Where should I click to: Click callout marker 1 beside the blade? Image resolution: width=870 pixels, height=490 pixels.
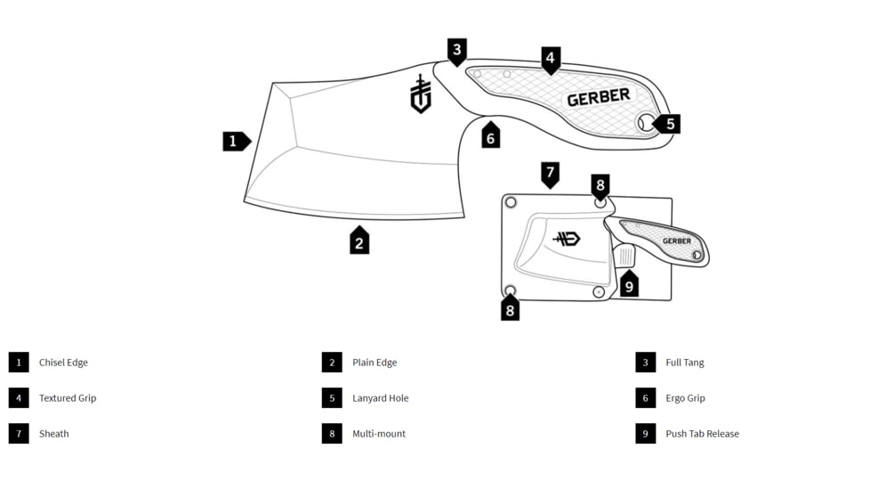[x=235, y=141]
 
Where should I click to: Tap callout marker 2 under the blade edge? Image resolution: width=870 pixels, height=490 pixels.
[x=359, y=241]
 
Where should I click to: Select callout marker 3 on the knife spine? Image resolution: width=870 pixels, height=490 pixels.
[x=457, y=51]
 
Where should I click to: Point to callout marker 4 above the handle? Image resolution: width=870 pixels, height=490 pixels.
[x=551, y=60]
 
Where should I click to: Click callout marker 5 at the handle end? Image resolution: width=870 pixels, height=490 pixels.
[x=668, y=125]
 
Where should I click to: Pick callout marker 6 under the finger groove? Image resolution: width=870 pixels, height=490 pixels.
[x=490, y=137]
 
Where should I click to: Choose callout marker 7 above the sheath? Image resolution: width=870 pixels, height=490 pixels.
[x=551, y=173]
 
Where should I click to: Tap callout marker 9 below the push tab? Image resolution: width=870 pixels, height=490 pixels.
[x=629, y=285]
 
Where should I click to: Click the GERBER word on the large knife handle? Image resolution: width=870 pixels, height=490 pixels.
[x=599, y=97]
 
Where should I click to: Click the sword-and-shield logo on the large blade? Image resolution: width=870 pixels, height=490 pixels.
[x=421, y=94]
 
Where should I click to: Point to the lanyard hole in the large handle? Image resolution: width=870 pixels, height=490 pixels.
[x=645, y=123]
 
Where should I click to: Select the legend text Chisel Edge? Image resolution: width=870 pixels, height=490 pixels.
[x=63, y=363]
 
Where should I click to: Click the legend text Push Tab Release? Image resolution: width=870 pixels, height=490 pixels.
[x=702, y=434]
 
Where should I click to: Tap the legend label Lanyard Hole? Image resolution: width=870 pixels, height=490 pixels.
[x=380, y=398]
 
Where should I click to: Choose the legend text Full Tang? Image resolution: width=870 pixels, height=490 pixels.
[x=684, y=363]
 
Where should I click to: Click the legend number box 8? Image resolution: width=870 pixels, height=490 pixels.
[x=332, y=434]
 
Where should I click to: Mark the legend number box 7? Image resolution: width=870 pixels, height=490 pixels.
[x=19, y=434]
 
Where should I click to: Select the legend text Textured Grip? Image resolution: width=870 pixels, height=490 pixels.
[x=68, y=398]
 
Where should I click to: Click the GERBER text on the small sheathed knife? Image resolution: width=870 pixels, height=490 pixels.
[x=676, y=241]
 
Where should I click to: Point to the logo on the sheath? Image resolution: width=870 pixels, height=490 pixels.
[x=566, y=239]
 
